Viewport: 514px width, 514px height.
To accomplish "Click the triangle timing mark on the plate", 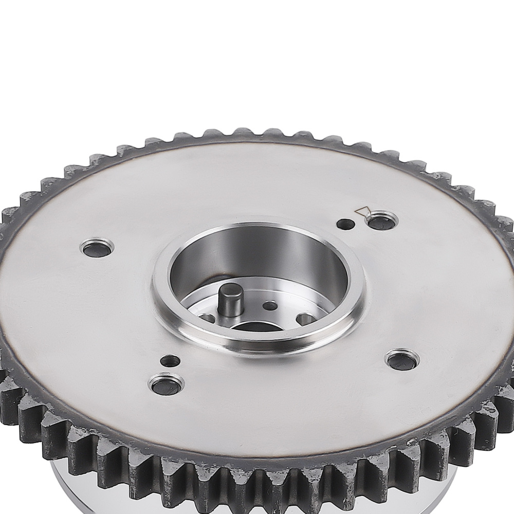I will point(364,211).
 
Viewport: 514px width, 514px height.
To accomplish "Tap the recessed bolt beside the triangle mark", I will point(381,222).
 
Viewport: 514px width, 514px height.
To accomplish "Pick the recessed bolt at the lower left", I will point(166,385).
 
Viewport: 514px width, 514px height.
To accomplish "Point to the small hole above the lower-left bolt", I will point(170,361).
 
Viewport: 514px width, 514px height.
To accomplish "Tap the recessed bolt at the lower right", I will point(402,361).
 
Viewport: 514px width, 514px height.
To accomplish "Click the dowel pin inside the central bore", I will point(230,303).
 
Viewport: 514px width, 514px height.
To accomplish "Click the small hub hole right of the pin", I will point(270,306).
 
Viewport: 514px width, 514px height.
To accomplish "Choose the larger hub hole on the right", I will point(306,319).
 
